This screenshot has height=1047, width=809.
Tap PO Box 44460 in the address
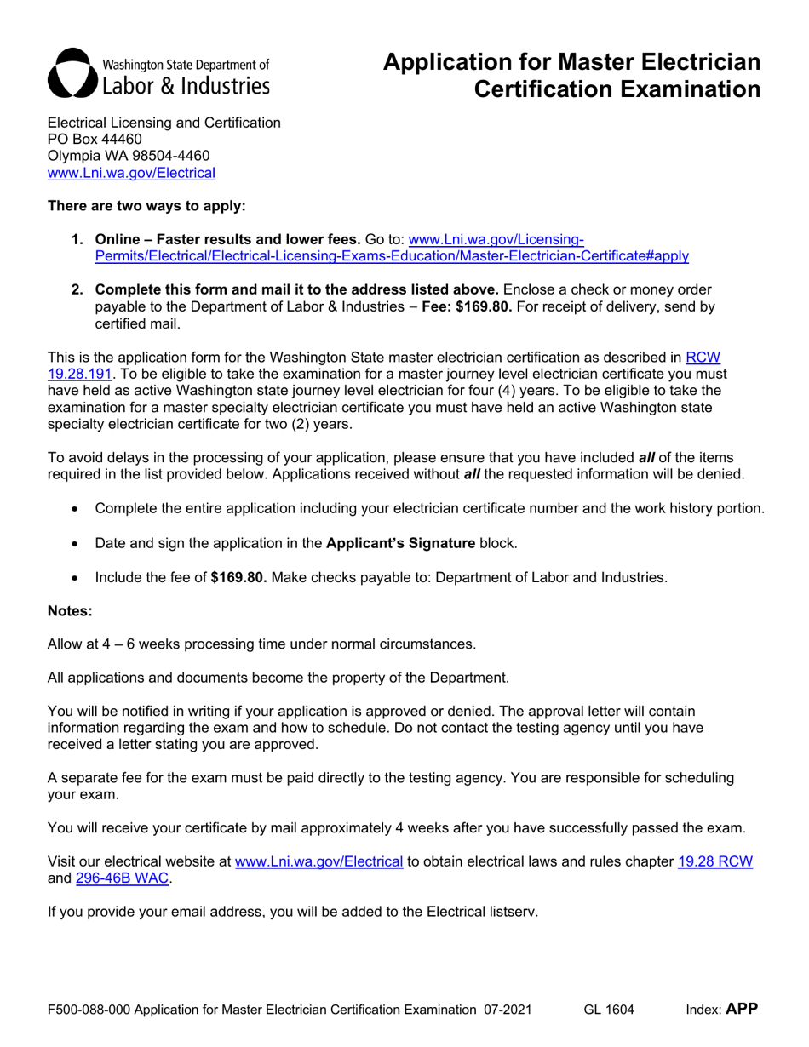(95, 139)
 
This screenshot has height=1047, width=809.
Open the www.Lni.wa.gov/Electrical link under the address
(131, 173)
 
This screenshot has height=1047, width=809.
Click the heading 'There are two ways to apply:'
(146, 205)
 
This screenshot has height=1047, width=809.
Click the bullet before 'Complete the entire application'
(77, 509)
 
